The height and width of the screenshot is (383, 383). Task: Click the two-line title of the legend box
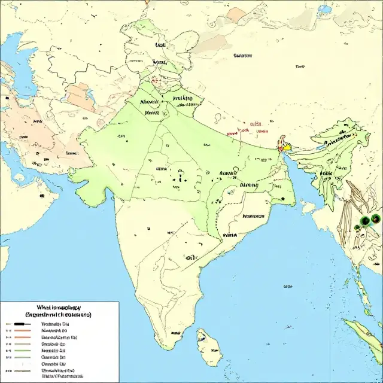click(50, 311)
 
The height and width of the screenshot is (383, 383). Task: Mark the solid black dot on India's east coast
click(281, 198)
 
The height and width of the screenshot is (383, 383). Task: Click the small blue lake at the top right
click(324, 10)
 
